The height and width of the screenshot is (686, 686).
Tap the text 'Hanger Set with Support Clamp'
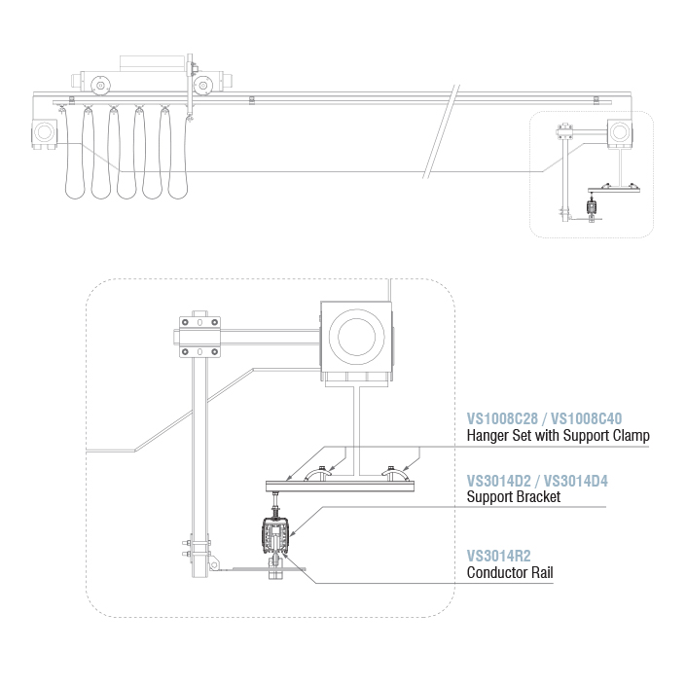[559, 436]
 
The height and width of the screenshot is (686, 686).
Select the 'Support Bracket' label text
[514, 497]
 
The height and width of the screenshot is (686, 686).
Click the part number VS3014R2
[498, 556]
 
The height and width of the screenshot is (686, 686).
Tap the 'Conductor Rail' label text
[511, 572]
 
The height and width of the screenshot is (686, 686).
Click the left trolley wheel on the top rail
[99, 86]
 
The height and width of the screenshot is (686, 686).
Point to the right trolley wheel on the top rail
[203, 86]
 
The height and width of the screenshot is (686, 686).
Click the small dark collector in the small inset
[591, 206]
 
